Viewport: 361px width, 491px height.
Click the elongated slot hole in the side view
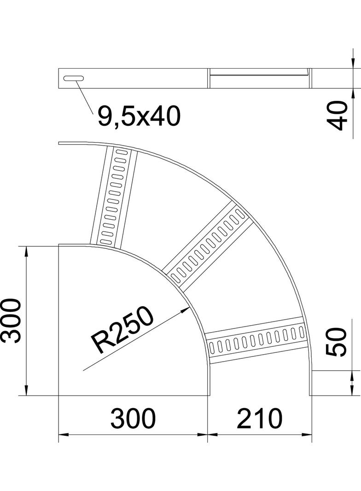(74, 78)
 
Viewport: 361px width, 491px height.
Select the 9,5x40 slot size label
(138, 117)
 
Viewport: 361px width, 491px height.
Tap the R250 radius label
(122, 330)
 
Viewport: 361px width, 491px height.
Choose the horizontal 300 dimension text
(133, 418)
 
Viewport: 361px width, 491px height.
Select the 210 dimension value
(259, 418)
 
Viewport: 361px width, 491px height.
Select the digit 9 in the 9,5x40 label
(105, 117)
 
